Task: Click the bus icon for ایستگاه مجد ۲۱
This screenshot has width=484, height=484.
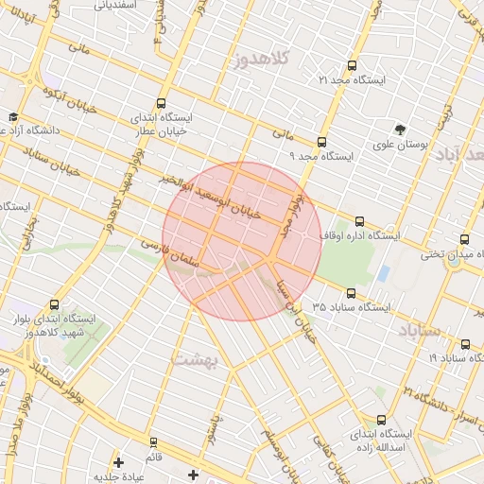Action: click(353, 65)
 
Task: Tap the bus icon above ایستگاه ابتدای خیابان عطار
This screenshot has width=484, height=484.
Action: click(161, 104)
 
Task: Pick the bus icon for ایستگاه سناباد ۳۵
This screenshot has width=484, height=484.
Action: click(352, 293)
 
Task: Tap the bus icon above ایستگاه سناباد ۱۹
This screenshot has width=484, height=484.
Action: click(466, 344)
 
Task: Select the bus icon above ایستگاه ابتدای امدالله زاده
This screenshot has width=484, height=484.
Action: click(382, 419)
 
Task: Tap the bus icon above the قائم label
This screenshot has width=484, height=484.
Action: click(154, 441)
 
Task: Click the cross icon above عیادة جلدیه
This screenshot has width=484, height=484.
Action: click(118, 462)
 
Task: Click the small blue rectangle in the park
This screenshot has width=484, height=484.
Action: click(383, 274)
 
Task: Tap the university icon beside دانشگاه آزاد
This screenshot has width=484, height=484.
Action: click(14, 116)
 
